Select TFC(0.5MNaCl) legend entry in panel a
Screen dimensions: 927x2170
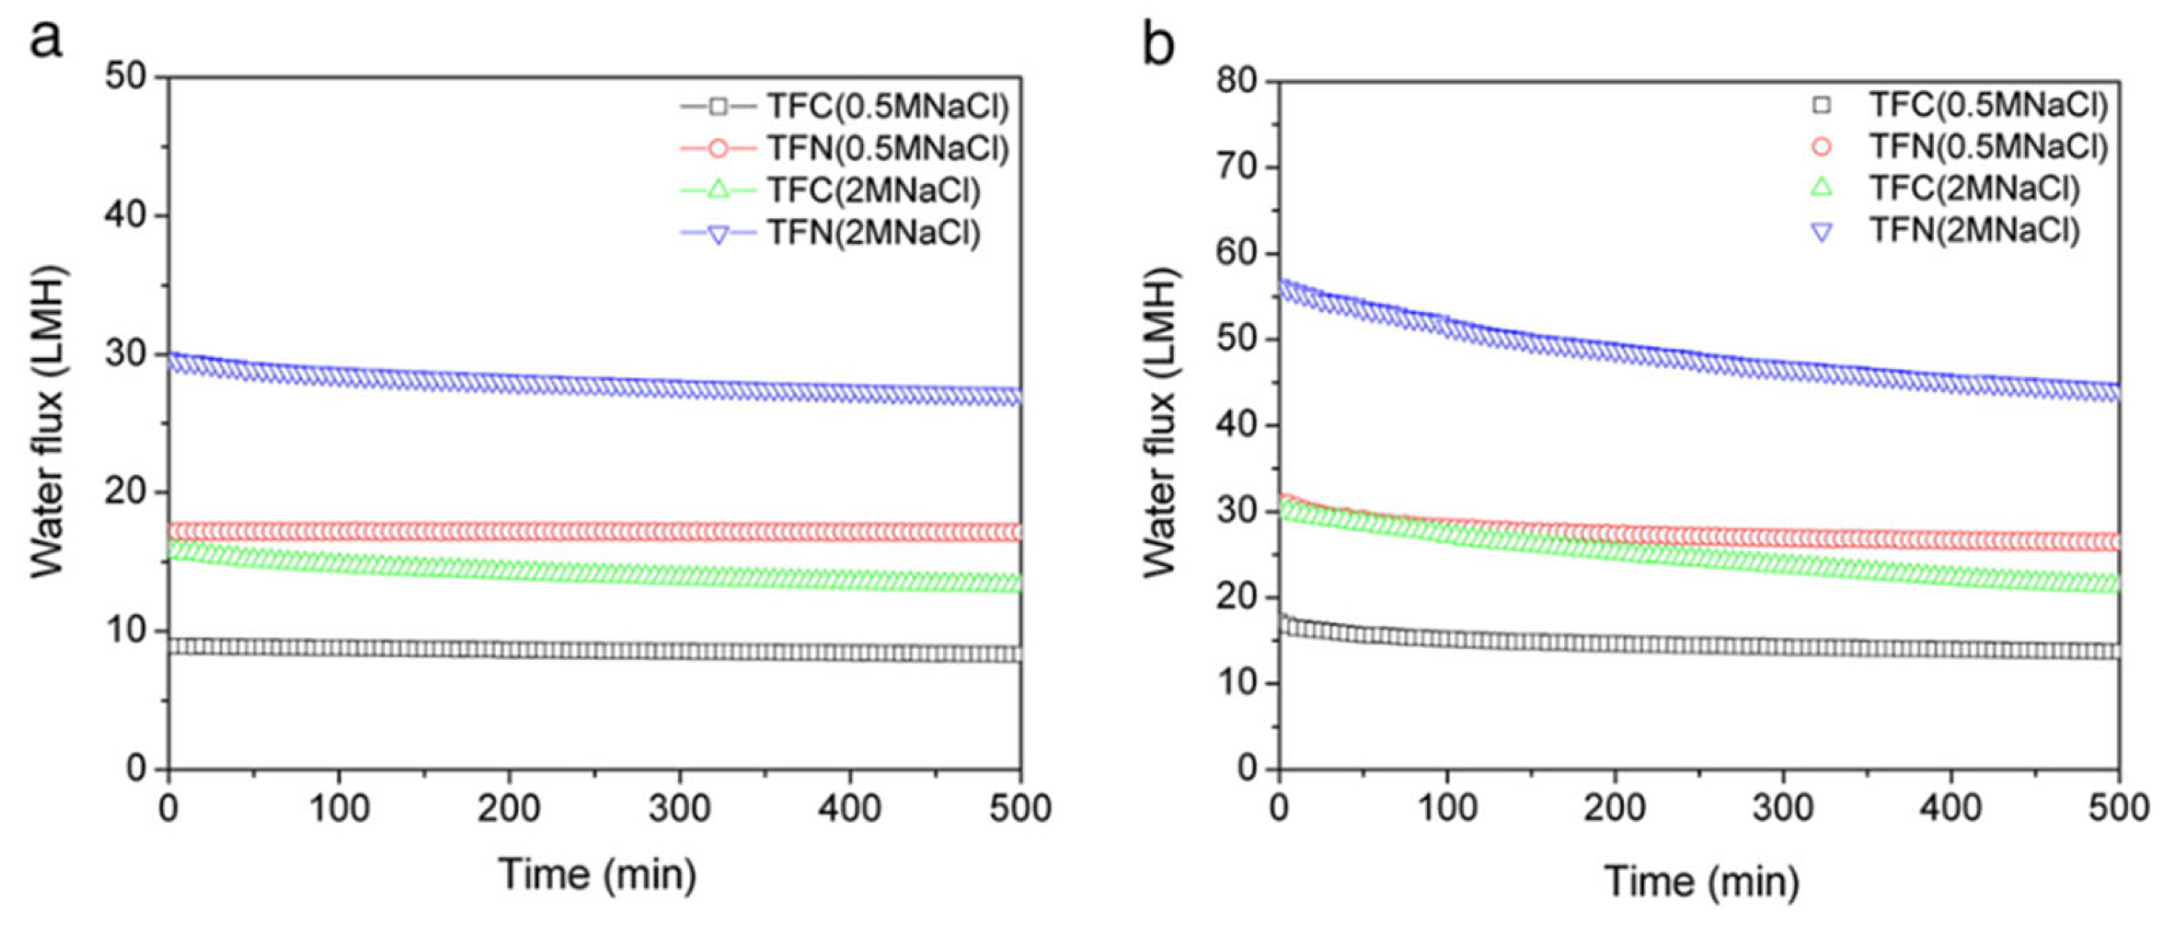click(x=886, y=107)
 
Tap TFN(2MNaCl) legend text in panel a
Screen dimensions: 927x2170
click(x=873, y=232)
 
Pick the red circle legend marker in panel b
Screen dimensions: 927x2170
click(x=1821, y=147)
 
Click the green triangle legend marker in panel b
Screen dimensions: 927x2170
click(x=1821, y=187)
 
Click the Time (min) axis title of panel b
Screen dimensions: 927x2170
click(x=1701, y=882)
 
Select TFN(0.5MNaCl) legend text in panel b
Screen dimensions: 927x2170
click(x=1988, y=147)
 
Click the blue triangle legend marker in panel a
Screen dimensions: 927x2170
click(x=719, y=233)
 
